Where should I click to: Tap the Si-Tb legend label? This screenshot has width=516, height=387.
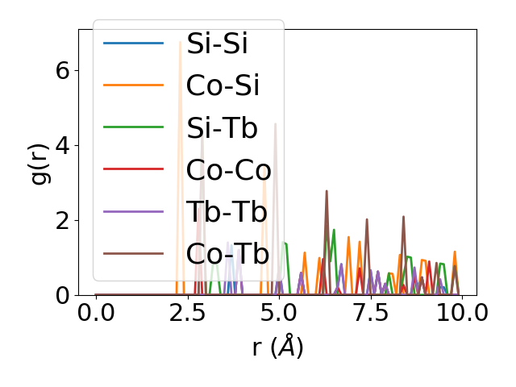point(222,127)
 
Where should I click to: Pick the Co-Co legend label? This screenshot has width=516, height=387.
point(228,169)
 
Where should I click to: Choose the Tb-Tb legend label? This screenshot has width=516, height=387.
point(227,211)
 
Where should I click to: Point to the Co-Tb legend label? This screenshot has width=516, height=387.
point(227,253)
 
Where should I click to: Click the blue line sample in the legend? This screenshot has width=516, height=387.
point(133,44)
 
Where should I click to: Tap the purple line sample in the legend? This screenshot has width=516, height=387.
point(133,211)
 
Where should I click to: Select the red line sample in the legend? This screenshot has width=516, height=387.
point(133,169)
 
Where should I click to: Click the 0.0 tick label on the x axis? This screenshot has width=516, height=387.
point(96,313)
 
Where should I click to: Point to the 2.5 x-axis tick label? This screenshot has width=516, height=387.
point(187,313)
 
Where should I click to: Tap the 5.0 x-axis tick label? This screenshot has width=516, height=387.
point(279,313)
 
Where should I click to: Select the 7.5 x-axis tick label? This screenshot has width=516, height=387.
point(370,313)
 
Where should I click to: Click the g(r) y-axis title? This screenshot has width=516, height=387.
point(39,162)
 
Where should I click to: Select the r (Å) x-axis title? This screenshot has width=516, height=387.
point(277,347)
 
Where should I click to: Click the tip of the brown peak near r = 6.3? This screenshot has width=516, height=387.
point(327,191)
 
